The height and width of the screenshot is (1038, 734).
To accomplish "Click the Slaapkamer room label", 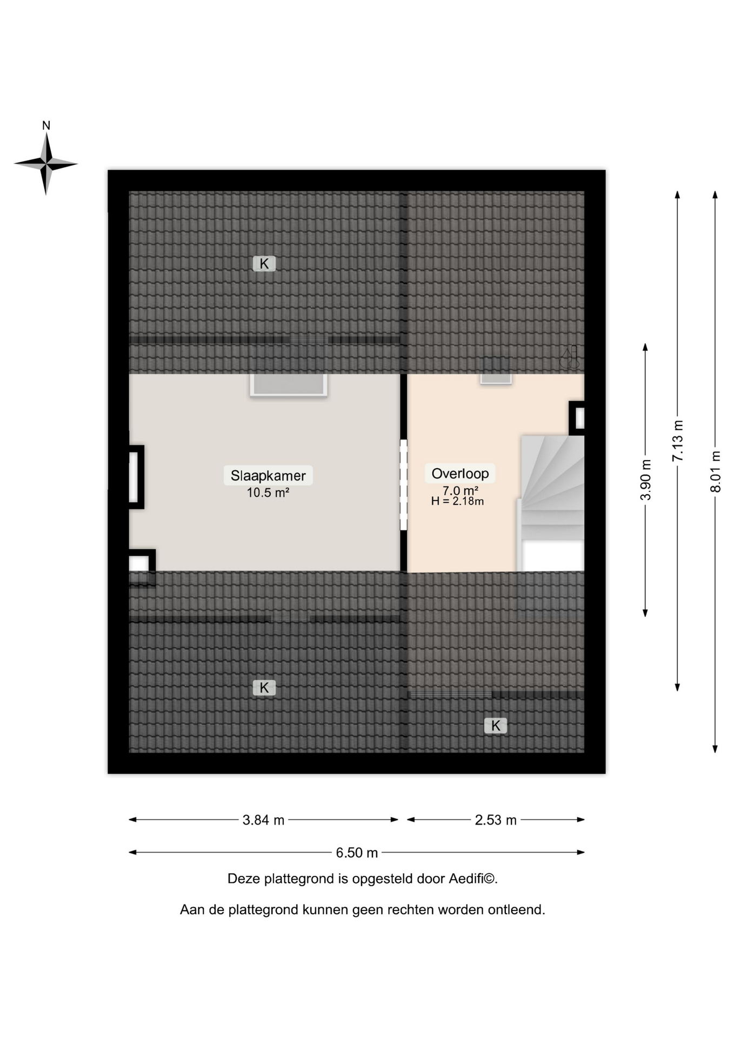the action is click(268, 476).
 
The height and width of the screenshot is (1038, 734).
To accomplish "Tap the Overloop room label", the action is click(460, 474).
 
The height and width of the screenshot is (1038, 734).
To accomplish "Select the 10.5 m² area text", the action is click(268, 493).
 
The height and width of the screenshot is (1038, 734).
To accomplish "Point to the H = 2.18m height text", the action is click(457, 501).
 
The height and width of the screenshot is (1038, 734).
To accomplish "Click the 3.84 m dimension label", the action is click(263, 820).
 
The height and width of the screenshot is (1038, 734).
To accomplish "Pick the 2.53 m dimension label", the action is click(496, 820).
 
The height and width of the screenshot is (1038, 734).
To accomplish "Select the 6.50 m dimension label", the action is click(357, 853).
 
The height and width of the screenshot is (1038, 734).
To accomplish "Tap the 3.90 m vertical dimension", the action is click(645, 480).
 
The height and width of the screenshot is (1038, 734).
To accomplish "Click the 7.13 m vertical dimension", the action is click(677, 441).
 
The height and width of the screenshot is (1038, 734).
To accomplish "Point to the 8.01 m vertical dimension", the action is click(715, 471).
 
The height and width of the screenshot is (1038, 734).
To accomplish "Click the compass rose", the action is click(46, 163).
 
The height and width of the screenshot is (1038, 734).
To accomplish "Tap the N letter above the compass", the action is click(46, 126).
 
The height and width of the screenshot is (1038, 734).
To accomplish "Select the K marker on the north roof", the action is click(264, 264).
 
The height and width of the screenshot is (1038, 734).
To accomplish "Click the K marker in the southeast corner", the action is click(496, 726).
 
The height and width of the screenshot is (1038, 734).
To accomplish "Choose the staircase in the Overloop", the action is click(551, 503).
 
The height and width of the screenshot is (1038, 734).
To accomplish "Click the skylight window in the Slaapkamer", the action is click(289, 384).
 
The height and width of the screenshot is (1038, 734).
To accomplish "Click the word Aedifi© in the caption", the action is click(473, 879).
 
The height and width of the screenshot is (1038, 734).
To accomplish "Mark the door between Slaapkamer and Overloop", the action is click(403, 485).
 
